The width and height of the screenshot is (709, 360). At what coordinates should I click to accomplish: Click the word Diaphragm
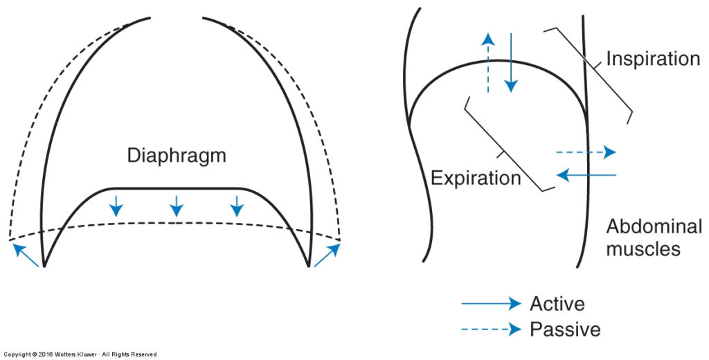point(177,156)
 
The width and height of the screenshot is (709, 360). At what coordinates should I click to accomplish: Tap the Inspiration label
point(653,59)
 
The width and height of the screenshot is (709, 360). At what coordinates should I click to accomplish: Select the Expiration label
point(475,178)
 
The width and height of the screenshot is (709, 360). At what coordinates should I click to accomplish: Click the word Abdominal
point(654,226)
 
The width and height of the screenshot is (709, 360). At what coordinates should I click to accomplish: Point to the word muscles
point(643,249)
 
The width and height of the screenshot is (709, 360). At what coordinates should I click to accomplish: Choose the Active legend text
point(557,303)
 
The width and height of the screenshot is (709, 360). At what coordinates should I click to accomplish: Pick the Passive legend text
point(564,329)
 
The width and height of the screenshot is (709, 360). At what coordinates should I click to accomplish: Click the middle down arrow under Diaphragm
point(177,205)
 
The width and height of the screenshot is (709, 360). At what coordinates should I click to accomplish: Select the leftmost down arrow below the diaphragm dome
point(116,205)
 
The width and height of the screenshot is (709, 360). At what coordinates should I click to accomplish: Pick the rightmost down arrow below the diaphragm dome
point(237,205)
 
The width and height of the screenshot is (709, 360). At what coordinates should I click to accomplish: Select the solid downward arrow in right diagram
point(510,62)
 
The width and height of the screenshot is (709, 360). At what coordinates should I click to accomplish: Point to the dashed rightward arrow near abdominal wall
point(585,152)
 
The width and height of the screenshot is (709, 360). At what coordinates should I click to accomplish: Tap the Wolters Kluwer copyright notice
point(79,354)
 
